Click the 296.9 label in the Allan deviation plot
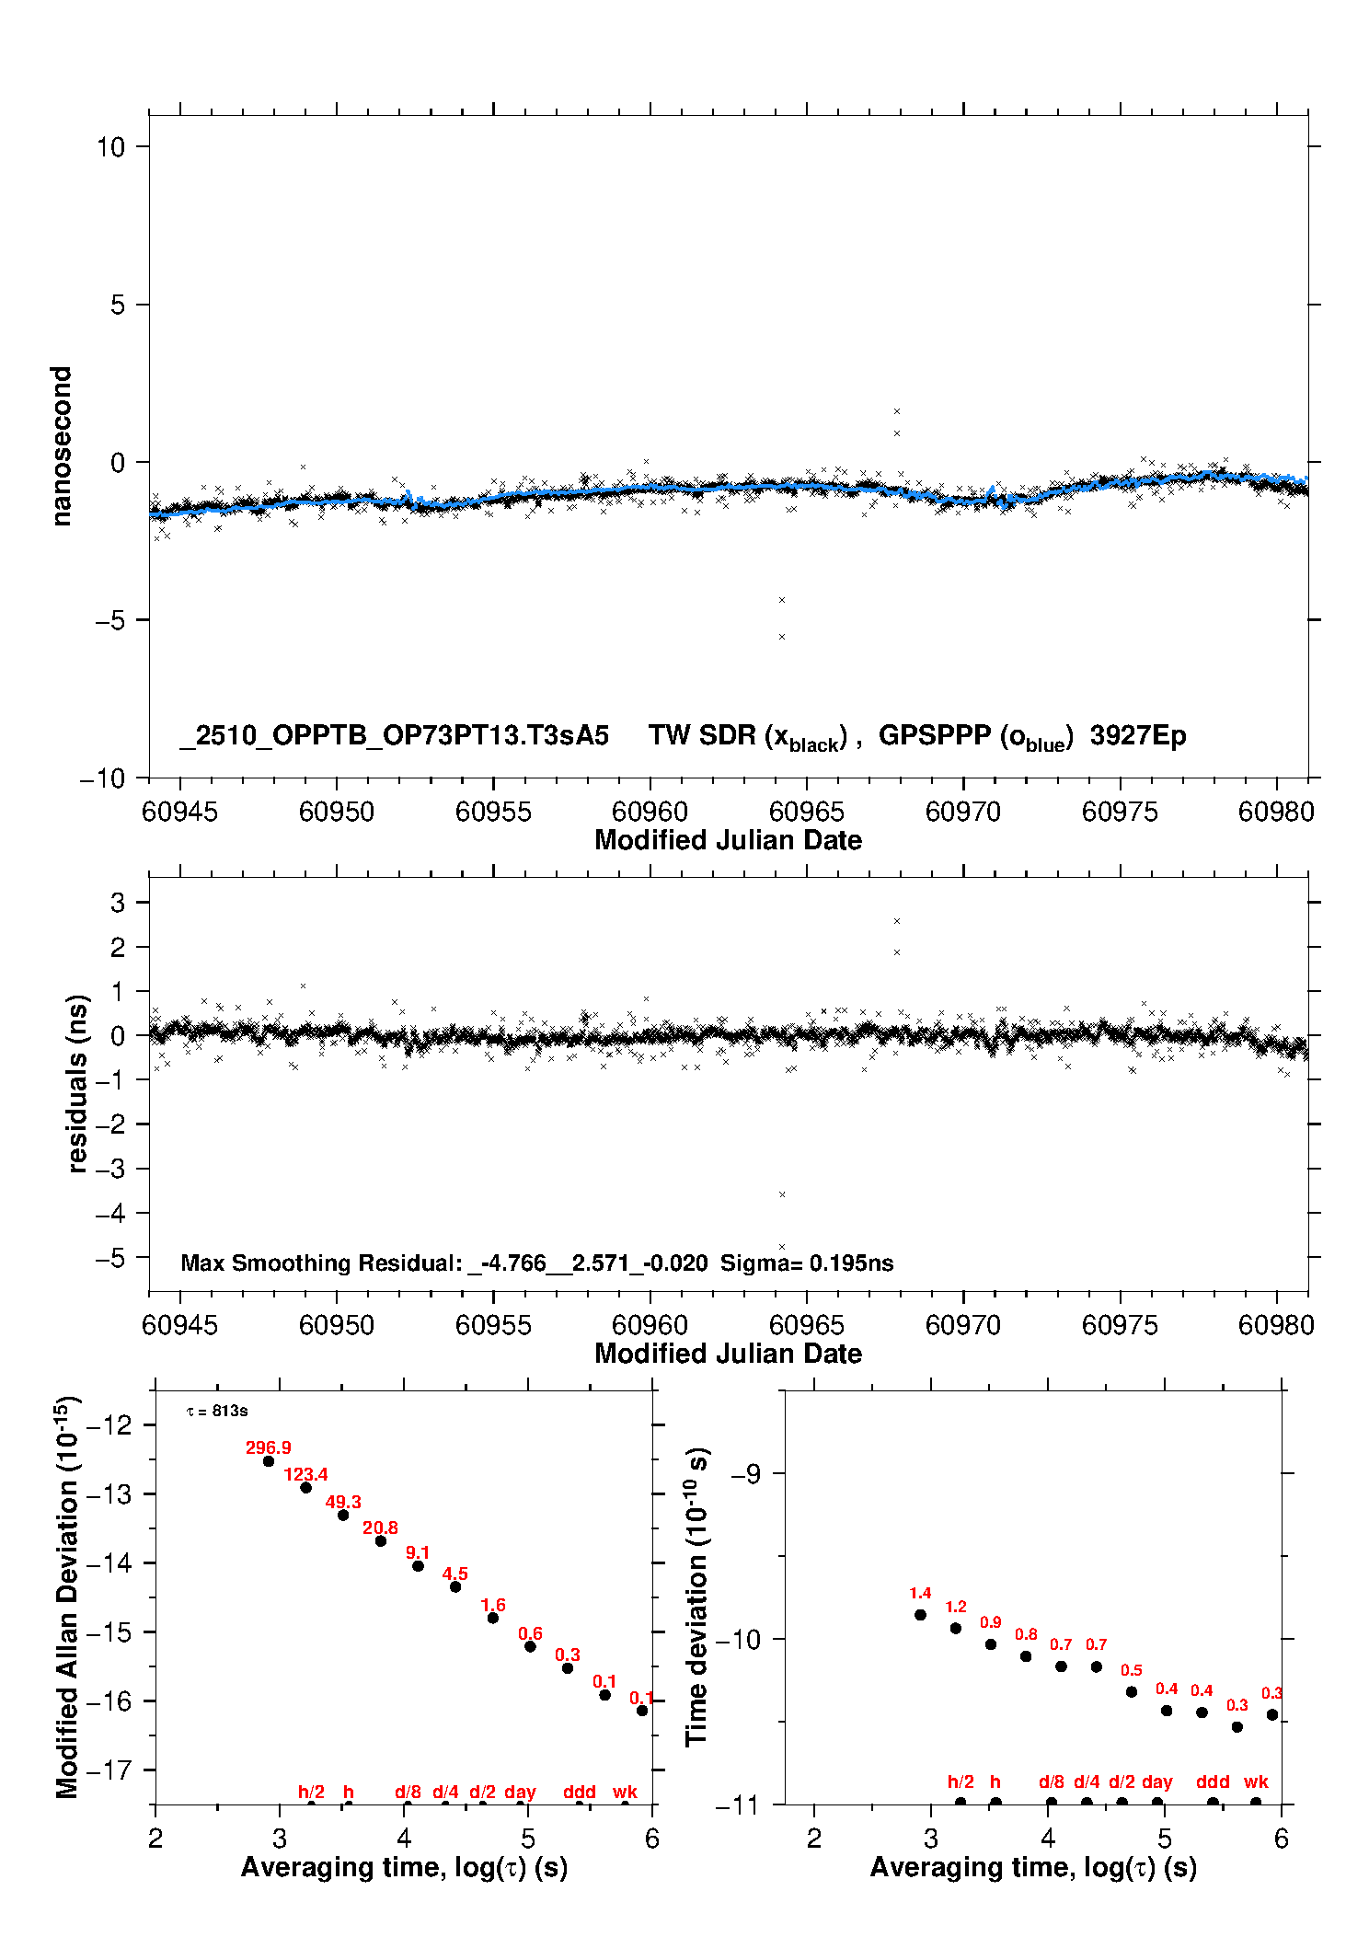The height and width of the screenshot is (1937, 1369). tap(268, 1447)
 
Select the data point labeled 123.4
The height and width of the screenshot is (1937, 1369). tap(305, 1487)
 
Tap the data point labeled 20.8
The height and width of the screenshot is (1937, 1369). tap(380, 1540)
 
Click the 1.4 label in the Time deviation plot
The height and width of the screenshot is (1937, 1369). tap(920, 1593)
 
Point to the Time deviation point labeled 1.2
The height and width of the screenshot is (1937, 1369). tap(955, 1628)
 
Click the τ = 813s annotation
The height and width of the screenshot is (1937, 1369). tap(217, 1411)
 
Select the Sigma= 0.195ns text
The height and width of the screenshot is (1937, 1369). tap(806, 1263)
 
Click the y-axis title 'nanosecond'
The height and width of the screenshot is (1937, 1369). tap(62, 446)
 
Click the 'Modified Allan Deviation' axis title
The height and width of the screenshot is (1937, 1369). tap(66, 1597)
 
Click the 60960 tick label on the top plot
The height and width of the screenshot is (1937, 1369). tap(650, 812)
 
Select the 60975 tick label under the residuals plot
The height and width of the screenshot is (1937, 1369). tap(1119, 1325)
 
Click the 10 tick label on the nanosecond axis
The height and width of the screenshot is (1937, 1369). tap(110, 146)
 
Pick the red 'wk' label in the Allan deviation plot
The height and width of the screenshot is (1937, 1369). tap(625, 1792)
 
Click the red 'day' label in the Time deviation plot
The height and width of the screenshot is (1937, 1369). tap(1156, 1781)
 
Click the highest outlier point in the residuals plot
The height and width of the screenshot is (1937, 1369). tap(897, 921)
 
